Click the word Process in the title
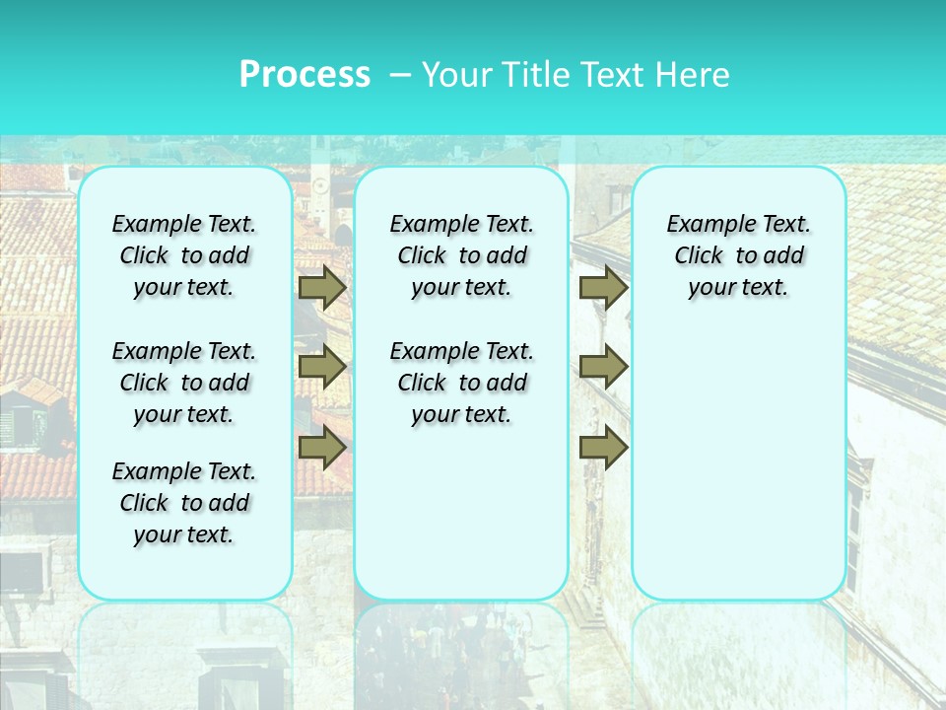pos(304,75)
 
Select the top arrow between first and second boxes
pos(322,287)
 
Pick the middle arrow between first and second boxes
pos(322,367)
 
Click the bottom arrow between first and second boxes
pos(322,447)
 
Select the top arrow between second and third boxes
pos(603,287)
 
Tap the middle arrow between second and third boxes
pos(603,367)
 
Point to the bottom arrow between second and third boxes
pos(603,447)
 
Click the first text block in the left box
pos(184,255)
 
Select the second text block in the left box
pos(184,383)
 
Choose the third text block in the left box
pos(184,503)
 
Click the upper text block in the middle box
pos(461,255)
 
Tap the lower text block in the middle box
pos(461,383)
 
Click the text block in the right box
pos(738,255)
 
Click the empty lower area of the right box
pos(738,463)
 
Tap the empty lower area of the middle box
pos(461,513)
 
